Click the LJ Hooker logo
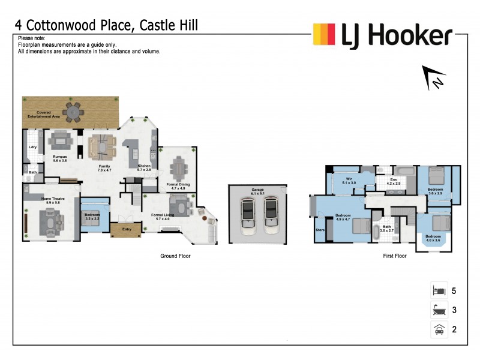pyautogui.click(x=382, y=35)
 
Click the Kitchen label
pyautogui.click(x=145, y=168)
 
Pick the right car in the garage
pyautogui.click(x=271, y=215)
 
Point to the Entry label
pyautogui.click(x=127, y=229)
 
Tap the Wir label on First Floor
pyautogui.click(x=349, y=180)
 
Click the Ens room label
pyautogui.click(x=393, y=180)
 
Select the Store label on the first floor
pyautogui.click(x=320, y=229)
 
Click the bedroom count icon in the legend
pyautogui.click(x=438, y=291)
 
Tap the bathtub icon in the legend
pyautogui.click(x=438, y=310)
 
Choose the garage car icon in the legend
pyautogui.click(x=438, y=329)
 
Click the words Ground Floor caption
pyautogui.click(x=175, y=256)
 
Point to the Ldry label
pyautogui.click(x=33, y=147)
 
